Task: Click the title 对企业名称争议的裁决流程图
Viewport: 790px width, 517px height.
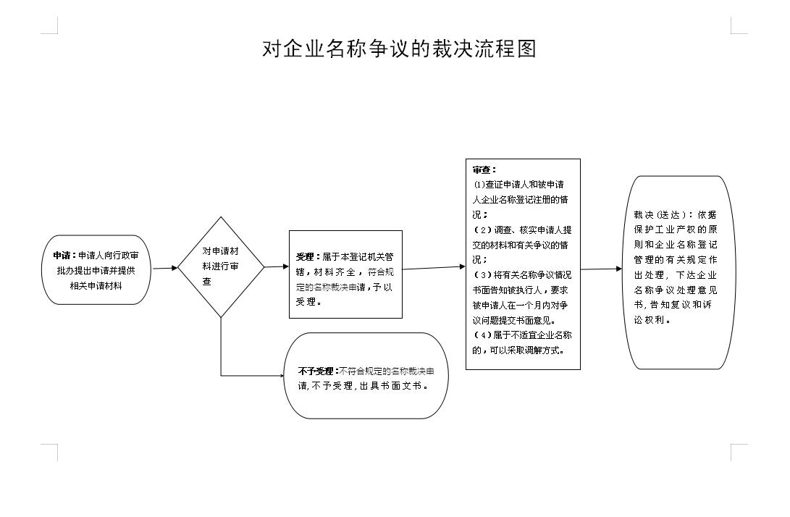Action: click(399, 49)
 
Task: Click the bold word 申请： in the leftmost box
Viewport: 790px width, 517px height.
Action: click(65, 256)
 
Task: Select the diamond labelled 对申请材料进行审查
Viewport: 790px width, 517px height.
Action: click(221, 267)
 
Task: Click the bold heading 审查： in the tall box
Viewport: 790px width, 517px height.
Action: click(484, 170)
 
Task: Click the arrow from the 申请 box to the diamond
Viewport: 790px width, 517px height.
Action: click(165, 268)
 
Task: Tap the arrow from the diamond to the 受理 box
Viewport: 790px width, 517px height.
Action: click(277, 266)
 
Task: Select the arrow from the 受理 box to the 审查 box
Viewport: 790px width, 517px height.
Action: click(434, 268)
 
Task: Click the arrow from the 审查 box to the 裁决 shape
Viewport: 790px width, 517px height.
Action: click(602, 269)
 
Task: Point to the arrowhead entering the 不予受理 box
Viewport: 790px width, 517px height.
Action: click(282, 375)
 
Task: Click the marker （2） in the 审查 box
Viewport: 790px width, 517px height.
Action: click(483, 230)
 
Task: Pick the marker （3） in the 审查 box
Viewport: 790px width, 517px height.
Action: click(483, 275)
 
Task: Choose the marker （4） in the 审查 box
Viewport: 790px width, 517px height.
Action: click(483, 335)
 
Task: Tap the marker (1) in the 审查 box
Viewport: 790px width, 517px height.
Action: click(479, 185)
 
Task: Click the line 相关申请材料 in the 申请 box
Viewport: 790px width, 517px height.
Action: click(96, 286)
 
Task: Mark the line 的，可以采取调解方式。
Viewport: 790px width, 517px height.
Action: click(518, 350)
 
